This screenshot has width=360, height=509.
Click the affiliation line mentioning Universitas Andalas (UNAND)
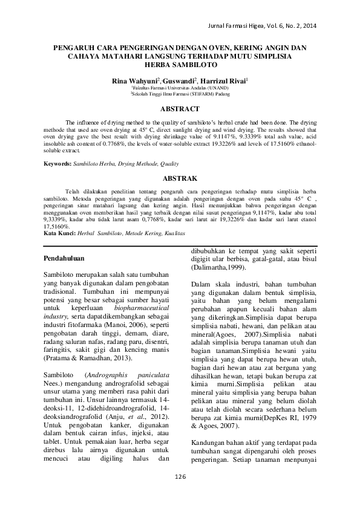(180, 88)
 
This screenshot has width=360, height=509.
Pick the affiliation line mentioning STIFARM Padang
(180, 94)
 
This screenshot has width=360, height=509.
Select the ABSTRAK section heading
(180, 179)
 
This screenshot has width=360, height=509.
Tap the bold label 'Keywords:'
(61, 164)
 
